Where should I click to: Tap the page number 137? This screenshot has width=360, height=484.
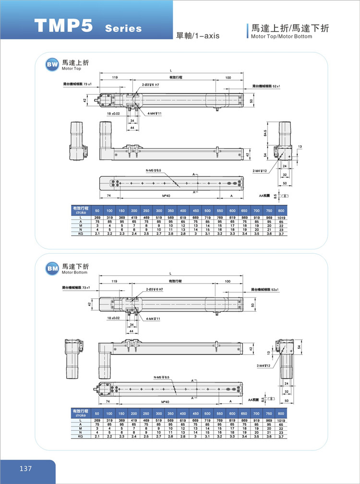(25, 469)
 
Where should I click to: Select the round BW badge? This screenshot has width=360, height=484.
(52, 65)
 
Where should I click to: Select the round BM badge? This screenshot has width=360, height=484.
(52, 269)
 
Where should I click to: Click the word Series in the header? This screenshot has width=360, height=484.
(123, 28)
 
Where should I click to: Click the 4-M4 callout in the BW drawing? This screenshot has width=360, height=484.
(154, 114)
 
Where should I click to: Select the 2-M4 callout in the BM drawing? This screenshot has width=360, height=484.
(264, 366)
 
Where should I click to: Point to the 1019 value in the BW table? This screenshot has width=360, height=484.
(281, 218)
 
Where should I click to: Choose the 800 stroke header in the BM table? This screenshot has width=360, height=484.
(281, 413)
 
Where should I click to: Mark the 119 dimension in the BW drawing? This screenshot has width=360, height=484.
(115, 77)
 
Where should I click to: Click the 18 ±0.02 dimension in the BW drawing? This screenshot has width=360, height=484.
(113, 114)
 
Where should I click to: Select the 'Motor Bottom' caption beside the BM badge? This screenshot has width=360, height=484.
(75, 272)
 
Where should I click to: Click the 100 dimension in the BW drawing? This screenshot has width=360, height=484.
(228, 77)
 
